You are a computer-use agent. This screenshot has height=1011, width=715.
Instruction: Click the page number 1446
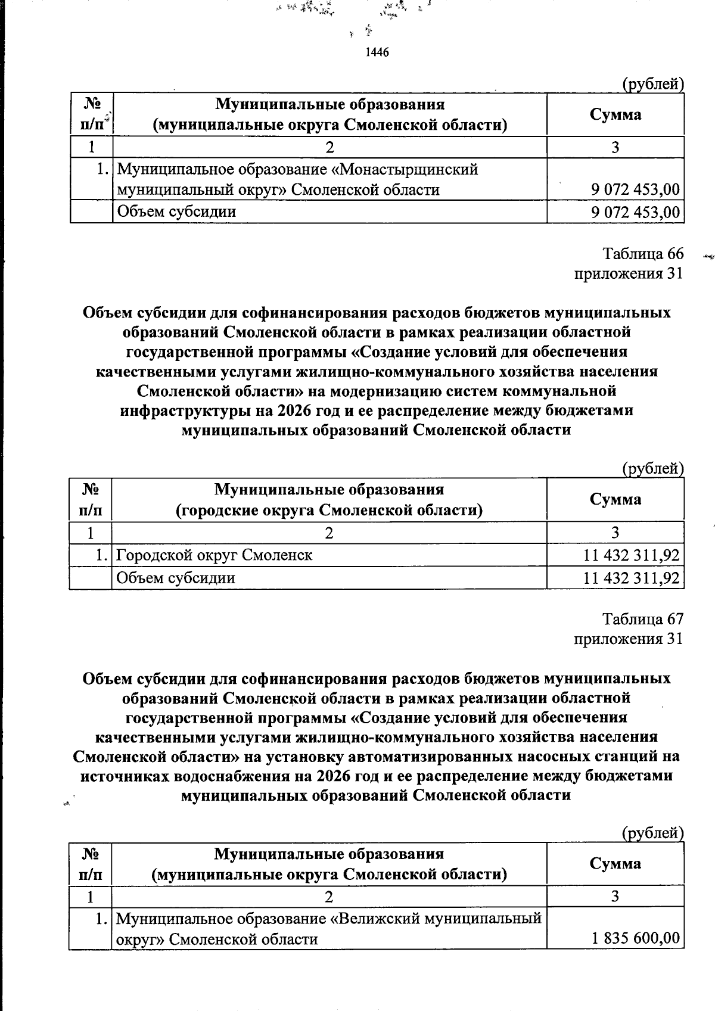377,52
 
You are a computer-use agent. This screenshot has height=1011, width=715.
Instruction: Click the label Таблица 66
642,254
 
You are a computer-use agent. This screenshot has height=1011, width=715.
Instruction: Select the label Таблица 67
642,619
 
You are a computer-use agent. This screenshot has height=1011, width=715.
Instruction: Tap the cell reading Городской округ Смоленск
214,555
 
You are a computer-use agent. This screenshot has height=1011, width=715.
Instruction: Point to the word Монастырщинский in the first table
405,170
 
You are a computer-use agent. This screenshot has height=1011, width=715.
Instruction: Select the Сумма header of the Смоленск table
615,499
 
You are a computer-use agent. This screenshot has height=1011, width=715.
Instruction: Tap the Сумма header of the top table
615,114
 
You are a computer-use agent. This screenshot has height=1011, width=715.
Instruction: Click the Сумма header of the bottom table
615,863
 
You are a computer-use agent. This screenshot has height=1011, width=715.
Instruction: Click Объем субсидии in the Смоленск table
176,578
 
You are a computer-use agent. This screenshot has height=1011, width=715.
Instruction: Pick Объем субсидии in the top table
177,211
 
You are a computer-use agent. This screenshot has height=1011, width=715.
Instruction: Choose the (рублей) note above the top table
652,85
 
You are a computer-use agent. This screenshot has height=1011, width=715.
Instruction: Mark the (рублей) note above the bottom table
652,833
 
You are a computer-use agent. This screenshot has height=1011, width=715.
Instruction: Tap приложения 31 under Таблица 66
628,273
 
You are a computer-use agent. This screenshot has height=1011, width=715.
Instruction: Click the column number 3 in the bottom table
615,896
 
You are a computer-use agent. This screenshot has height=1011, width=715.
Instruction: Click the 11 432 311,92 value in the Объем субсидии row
631,578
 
